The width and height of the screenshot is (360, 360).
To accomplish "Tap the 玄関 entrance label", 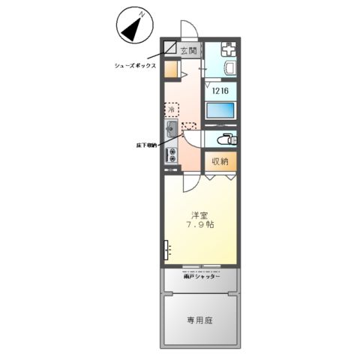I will pyautogui.click(x=188, y=51).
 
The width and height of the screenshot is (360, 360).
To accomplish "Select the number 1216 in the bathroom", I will pyautogui.click(x=220, y=91).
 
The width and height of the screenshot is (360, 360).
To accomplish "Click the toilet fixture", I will pyautogui.click(x=225, y=139).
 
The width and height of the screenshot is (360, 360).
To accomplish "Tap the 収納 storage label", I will pyautogui.click(x=219, y=160).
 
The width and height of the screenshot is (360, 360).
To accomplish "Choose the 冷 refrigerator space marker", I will pyautogui.click(x=172, y=109).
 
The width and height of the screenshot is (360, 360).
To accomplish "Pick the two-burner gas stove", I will pyautogui.click(x=172, y=156).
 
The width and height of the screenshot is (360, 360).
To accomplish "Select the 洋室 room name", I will pyautogui.click(x=199, y=213).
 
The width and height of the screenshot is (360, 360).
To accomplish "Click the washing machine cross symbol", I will pyautogui.click(x=228, y=51).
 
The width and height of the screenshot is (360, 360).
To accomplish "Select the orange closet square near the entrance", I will pyautogui.click(x=172, y=70).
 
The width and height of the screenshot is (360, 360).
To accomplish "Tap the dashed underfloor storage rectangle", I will pyautogui.click(x=188, y=127).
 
